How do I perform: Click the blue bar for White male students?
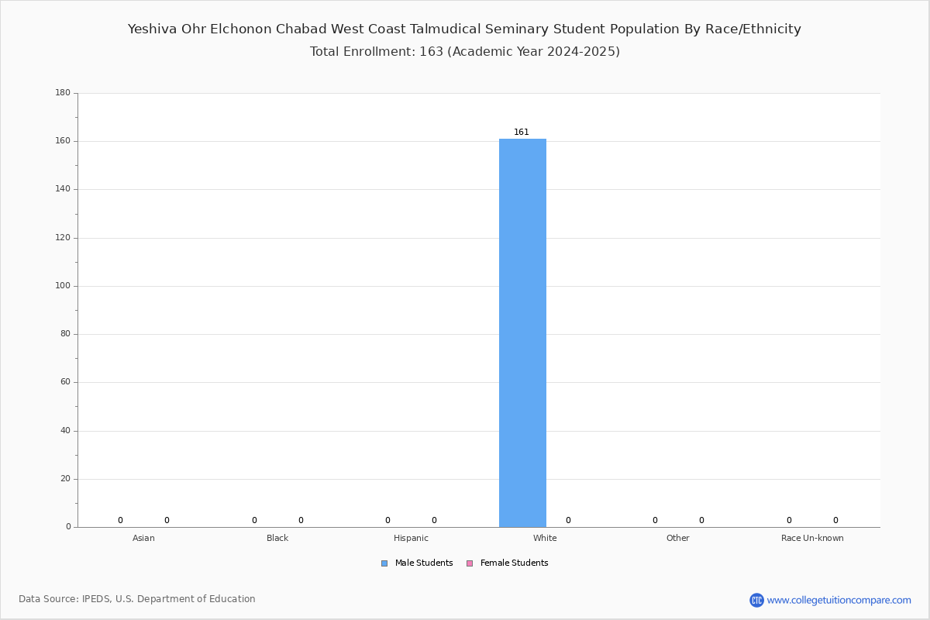tap(522, 333)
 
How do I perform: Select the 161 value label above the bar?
tap(522, 132)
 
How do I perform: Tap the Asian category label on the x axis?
tap(143, 538)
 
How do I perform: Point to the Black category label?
tap(277, 538)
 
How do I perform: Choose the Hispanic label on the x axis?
tap(411, 538)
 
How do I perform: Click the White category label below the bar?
tap(545, 538)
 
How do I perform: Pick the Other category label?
tap(678, 538)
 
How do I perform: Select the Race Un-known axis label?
tap(812, 538)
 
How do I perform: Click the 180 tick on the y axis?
tap(63, 92)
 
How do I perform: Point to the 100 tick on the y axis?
tap(63, 286)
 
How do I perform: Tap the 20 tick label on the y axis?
tap(65, 479)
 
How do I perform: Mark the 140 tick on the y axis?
tap(63, 189)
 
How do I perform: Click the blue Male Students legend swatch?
tap(384, 563)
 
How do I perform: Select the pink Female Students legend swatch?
tap(470, 563)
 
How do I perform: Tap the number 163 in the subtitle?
tap(432, 51)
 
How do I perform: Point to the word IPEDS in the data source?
tap(96, 599)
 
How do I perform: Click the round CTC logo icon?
tap(756, 600)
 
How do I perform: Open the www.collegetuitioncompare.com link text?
tap(839, 600)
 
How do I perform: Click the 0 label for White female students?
tap(568, 520)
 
